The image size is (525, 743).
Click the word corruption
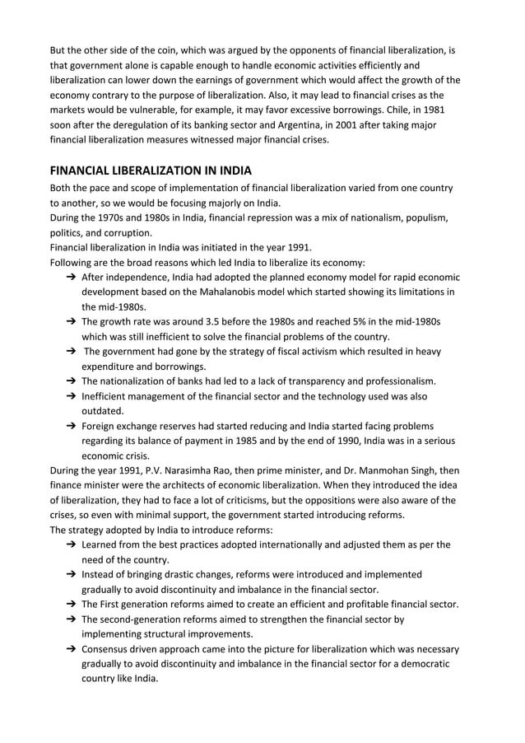127,233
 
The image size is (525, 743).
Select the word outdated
102,411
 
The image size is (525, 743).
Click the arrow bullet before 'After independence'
72,278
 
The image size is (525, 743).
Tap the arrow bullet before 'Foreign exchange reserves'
72,426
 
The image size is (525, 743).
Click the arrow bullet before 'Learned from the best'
72,544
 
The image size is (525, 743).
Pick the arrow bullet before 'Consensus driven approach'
72,649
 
